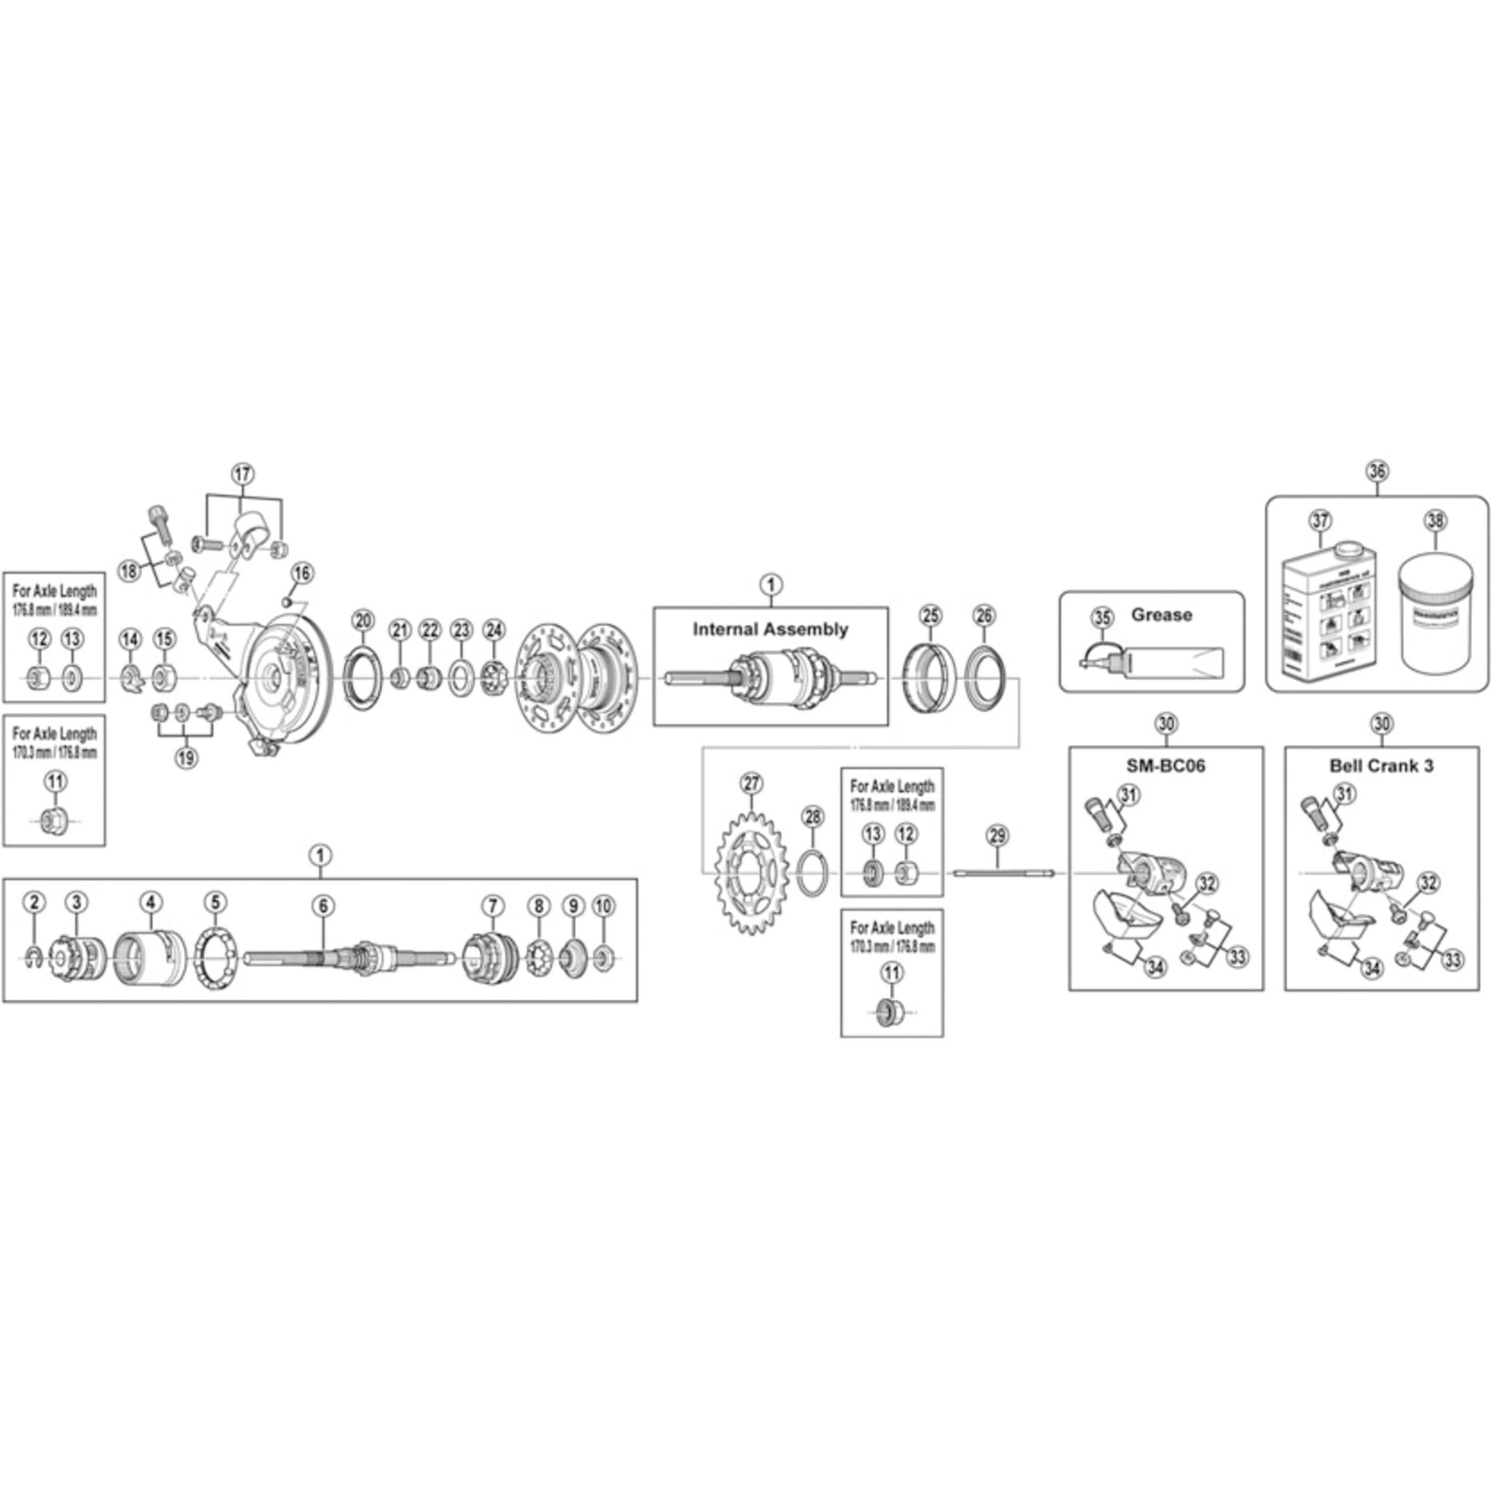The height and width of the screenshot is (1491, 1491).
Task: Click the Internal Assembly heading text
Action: (770, 630)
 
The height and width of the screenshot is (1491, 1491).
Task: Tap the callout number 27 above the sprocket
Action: (751, 784)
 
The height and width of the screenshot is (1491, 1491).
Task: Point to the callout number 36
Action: (1377, 471)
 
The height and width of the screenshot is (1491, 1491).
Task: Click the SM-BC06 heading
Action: (1166, 767)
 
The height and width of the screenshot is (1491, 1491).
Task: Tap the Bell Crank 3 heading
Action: (1381, 767)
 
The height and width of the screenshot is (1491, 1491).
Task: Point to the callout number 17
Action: (242, 474)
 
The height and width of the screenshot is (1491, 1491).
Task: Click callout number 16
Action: (301, 573)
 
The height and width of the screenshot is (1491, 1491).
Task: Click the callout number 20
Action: (362, 620)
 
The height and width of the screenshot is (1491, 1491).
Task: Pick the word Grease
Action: (1160, 615)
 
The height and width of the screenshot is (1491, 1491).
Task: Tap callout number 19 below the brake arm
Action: (185, 758)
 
